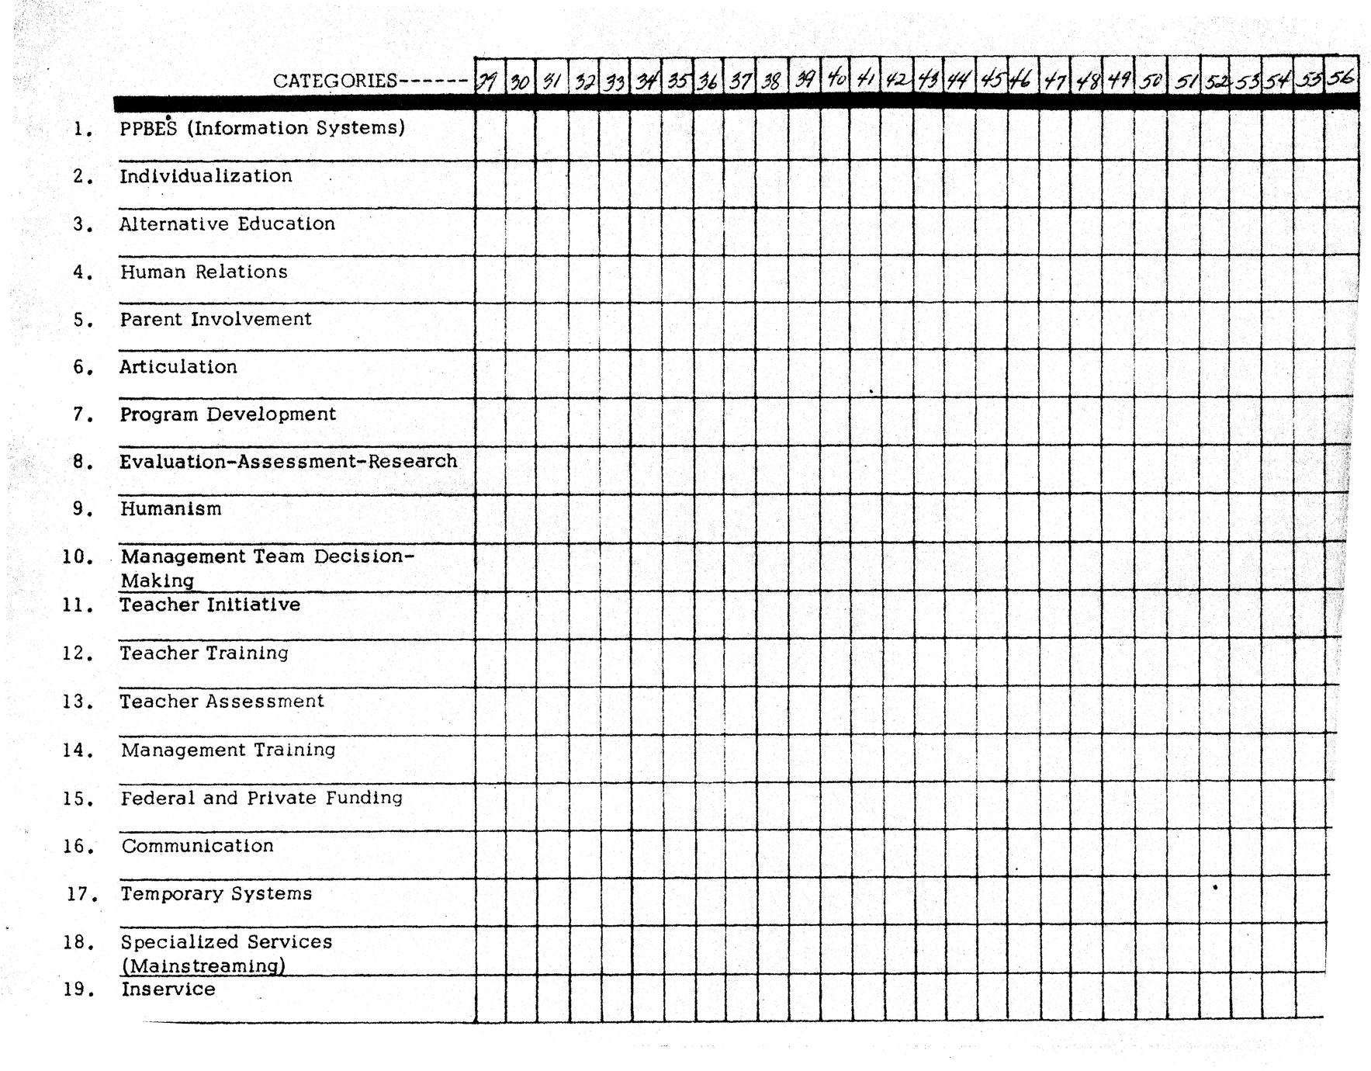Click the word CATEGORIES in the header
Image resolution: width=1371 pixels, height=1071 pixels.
click(x=334, y=81)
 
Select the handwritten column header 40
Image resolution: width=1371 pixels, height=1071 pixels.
click(x=836, y=79)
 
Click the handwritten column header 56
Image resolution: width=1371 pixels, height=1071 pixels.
click(x=1341, y=78)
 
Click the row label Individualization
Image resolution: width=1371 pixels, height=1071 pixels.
click(x=206, y=176)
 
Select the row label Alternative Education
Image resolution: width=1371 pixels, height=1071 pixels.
click(x=227, y=224)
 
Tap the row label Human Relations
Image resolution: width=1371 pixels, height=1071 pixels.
click(x=203, y=272)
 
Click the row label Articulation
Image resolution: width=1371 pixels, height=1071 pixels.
click(x=178, y=367)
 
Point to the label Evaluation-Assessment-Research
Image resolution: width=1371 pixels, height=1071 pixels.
click(x=288, y=462)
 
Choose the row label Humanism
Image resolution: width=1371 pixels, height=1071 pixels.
click(x=171, y=509)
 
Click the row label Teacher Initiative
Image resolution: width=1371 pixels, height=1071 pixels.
click(x=209, y=605)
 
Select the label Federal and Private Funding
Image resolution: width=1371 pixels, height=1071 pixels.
click(x=261, y=798)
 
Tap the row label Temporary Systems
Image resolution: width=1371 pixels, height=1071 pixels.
click(x=216, y=894)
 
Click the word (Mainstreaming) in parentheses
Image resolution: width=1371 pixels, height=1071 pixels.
click(x=203, y=966)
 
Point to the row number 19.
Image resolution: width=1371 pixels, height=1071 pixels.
click(x=78, y=990)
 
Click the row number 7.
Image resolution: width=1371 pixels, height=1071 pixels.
click(x=83, y=415)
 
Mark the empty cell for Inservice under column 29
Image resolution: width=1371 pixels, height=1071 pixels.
click(x=490, y=999)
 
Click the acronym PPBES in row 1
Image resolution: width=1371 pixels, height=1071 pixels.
click(x=148, y=129)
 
